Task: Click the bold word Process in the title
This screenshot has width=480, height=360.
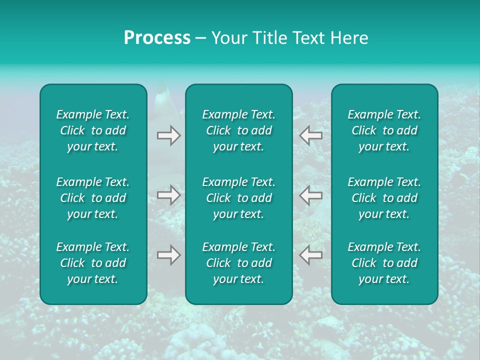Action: point(157,38)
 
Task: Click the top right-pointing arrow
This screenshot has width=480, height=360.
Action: point(168,135)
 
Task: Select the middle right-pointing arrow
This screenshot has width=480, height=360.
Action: point(168,195)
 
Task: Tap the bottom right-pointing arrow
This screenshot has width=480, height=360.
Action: point(168,254)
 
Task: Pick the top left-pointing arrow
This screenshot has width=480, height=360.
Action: point(311,135)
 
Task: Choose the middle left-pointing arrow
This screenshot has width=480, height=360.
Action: point(311,195)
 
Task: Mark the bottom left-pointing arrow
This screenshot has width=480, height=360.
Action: point(311,254)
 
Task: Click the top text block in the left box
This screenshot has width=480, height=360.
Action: point(93,130)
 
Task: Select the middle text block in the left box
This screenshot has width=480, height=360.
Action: point(93,198)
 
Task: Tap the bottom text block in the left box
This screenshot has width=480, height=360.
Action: point(93,263)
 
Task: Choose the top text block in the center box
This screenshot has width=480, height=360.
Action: point(239,130)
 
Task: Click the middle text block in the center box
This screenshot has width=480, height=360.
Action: point(239,198)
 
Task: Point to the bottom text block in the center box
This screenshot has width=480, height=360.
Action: point(239,263)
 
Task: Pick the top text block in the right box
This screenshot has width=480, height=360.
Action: point(384,130)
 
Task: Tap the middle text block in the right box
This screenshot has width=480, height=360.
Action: point(384,198)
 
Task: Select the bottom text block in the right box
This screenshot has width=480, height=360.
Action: point(384,263)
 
